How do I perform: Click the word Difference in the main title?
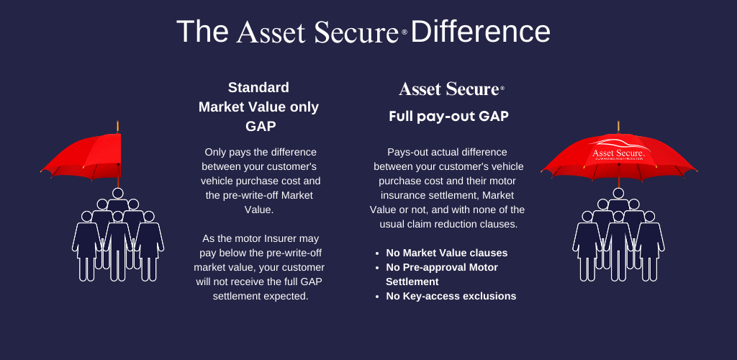480,32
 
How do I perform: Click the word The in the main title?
202,32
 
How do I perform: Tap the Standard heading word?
258,87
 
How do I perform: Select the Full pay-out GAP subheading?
449,117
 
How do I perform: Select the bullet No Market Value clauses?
446,253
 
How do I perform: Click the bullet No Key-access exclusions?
451,296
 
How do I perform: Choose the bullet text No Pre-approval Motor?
442,267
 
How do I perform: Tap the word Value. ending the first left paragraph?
259,210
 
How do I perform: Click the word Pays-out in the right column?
406,152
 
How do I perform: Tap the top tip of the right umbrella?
618,122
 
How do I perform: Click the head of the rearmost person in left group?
118,193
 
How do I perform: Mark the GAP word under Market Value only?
261,126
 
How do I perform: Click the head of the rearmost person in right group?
618,193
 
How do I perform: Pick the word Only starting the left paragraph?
214,152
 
